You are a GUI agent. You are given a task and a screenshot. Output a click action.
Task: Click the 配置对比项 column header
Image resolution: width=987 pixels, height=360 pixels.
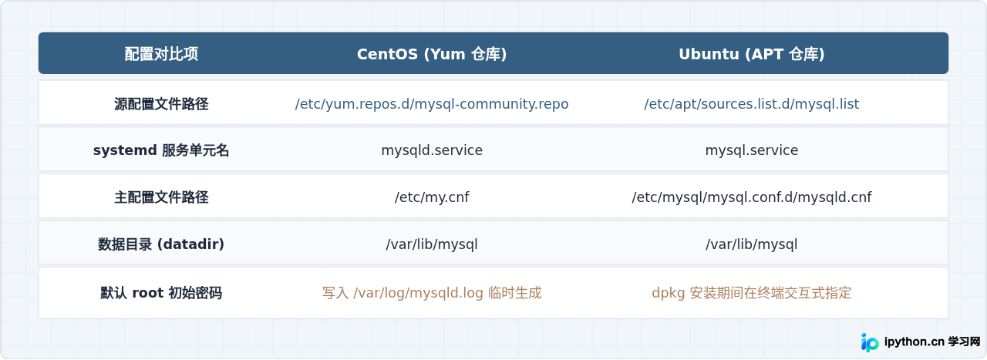161,54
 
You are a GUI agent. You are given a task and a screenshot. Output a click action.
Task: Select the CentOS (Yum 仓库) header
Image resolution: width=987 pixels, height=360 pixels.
432,54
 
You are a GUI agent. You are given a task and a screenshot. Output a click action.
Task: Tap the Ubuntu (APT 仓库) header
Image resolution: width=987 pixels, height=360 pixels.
751,54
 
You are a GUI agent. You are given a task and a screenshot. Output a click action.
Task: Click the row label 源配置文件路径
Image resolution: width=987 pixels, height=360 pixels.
161,104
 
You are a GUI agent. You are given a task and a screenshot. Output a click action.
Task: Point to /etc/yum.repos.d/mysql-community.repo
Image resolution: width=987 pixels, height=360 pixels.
432,104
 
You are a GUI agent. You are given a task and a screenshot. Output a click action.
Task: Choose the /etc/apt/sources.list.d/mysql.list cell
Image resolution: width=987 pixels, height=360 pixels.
751,104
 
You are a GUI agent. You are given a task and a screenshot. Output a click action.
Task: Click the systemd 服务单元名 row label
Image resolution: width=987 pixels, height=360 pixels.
161,150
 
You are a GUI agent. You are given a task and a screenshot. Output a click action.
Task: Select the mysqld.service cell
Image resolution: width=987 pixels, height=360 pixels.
432,150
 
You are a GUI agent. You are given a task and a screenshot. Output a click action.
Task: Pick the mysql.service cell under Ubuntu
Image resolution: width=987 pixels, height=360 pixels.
751,150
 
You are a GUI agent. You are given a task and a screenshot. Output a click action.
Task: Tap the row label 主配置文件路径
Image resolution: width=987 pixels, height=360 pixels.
161,197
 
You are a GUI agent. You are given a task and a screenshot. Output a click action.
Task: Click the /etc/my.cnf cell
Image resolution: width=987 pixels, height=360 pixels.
432,197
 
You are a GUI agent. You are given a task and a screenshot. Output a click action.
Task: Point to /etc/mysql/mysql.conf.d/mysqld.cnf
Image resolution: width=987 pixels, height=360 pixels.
751,197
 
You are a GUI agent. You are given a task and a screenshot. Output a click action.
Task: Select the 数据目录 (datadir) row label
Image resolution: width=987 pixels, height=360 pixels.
161,244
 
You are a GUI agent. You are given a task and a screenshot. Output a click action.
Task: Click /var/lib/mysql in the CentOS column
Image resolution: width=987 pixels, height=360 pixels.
432,244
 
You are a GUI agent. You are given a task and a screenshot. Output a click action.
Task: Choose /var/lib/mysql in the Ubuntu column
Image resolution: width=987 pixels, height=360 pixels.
751,244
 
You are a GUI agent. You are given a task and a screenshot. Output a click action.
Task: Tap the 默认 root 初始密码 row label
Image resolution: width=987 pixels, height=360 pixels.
161,293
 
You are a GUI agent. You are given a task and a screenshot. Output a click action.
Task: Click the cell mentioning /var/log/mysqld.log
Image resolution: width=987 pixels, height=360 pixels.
432,293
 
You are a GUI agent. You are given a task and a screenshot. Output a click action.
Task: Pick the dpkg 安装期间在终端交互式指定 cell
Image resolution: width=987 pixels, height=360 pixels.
751,293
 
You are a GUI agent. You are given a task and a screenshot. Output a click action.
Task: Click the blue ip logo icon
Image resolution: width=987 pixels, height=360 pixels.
870,342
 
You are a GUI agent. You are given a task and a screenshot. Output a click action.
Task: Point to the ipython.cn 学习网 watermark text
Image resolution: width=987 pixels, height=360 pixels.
932,342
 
